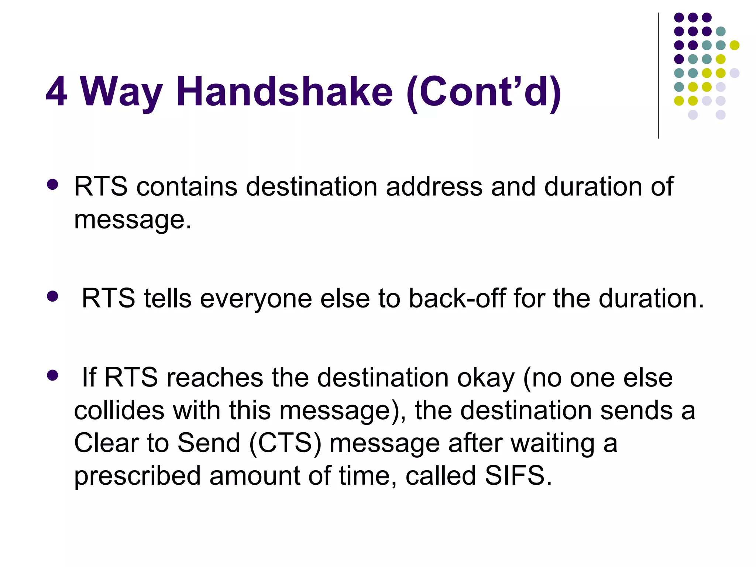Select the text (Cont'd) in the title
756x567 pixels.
[484, 92]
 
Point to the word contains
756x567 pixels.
[187, 186]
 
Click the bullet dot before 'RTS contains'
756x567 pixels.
[53, 185]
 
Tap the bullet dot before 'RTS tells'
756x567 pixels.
[53, 296]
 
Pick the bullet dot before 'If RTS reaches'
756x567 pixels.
[53, 375]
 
